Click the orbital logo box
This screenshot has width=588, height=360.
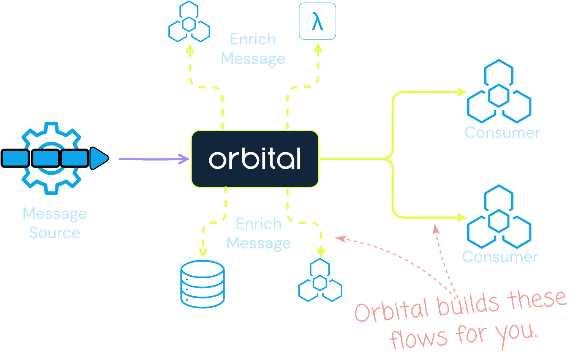(x=254, y=159)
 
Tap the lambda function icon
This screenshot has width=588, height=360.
(x=317, y=21)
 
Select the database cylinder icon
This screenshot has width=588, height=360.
(x=202, y=284)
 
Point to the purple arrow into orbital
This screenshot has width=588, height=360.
(x=154, y=159)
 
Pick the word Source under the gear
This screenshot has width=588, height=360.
(x=54, y=233)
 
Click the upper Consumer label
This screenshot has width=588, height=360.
(x=502, y=133)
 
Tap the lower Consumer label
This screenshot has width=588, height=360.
(x=500, y=257)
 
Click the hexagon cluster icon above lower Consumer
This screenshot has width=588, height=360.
(x=499, y=217)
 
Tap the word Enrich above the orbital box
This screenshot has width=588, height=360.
(x=253, y=39)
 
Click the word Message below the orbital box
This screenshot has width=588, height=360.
(x=258, y=243)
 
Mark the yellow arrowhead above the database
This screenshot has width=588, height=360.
(x=203, y=253)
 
